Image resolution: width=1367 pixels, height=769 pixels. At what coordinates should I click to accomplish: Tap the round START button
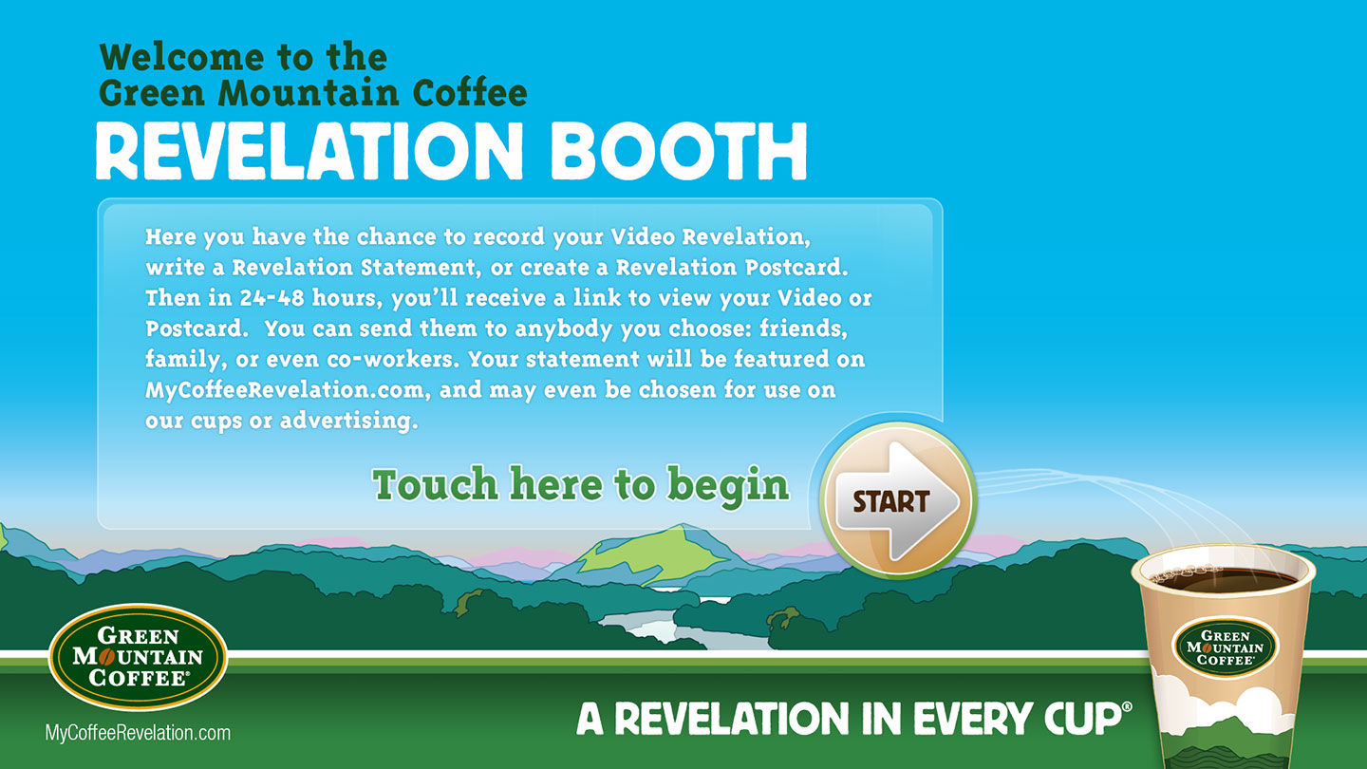click(898, 500)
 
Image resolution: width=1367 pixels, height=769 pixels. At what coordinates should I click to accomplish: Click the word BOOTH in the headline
click(679, 151)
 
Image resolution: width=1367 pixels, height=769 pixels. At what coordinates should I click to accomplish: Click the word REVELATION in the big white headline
click(309, 151)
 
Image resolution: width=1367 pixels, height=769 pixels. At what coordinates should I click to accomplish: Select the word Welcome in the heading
click(182, 57)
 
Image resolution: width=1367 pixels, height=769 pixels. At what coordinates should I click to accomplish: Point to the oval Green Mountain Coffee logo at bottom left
click(138, 657)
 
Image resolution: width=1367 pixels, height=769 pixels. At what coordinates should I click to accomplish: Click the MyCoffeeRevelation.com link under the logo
click(138, 732)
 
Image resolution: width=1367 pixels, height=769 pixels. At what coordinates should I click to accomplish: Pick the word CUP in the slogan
click(1083, 719)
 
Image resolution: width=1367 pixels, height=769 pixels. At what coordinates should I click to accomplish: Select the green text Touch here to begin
click(580, 485)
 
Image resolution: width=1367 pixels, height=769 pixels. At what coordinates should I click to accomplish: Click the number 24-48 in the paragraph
click(272, 298)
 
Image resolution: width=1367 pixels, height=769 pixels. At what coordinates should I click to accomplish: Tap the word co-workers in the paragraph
click(393, 360)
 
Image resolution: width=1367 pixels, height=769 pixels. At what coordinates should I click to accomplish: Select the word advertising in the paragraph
click(348, 422)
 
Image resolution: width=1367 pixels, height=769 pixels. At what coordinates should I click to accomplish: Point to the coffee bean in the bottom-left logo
click(106, 657)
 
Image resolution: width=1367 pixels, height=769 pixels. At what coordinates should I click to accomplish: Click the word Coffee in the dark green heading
click(469, 93)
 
